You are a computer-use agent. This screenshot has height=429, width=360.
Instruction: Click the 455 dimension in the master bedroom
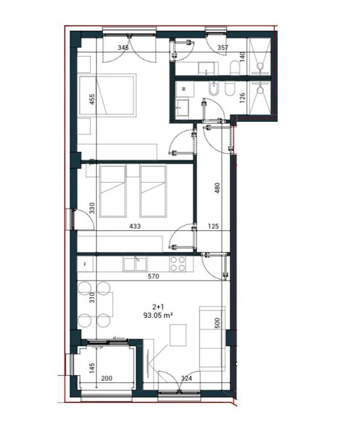pyautogui.click(x=92, y=99)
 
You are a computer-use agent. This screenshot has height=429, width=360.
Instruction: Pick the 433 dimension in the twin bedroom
pyautogui.click(x=134, y=227)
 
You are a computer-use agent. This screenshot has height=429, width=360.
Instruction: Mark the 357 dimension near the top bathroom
pyautogui.click(x=223, y=47)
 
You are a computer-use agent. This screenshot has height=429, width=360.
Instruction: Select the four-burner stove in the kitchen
pyautogui.click(x=177, y=264)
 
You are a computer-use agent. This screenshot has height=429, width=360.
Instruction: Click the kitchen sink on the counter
pyautogui.click(x=135, y=264)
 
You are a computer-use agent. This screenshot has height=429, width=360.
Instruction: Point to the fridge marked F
pyautogui.click(x=85, y=264)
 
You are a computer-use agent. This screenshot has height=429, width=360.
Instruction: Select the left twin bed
pyautogui.click(x=113, y=191)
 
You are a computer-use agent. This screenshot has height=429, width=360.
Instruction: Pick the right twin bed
pyautogui.click(x=153, y=191)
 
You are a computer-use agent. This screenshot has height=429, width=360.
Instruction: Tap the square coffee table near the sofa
pyautogui.click(x=178, y=335)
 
